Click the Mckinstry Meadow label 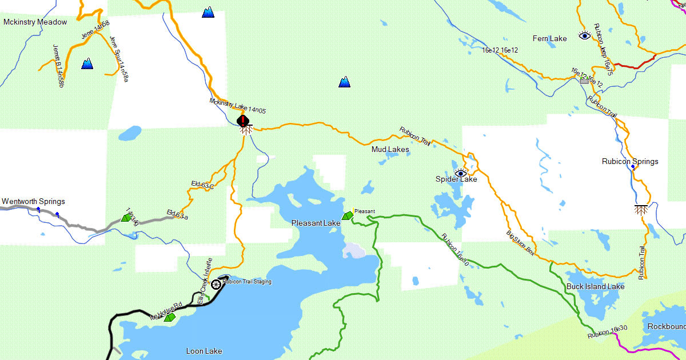click(x=35, y=22)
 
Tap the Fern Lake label click(x=549, y=39)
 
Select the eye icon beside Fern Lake click(x=584, y=35)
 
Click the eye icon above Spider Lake click(x=461, y=173)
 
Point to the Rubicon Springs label click(x=630, y=162)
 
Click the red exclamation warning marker click(x=243, y=121)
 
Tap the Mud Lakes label click(x=390, y=150)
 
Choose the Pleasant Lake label click(x=316, y=223)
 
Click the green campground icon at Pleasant click(x=347, y=215)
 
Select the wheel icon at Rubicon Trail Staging click(x=216, y=284)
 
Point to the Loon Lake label click(x=204, y=351)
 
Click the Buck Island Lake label click(x=595, y=286)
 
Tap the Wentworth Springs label click(x=33, y=202)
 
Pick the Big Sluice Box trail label click(x=520, y=242)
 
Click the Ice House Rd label click(x=166, y=309)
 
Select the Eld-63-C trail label click(x=202, y=185)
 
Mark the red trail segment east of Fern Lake click(x=634, y=63)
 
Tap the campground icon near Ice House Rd click(x=169, y=317)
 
